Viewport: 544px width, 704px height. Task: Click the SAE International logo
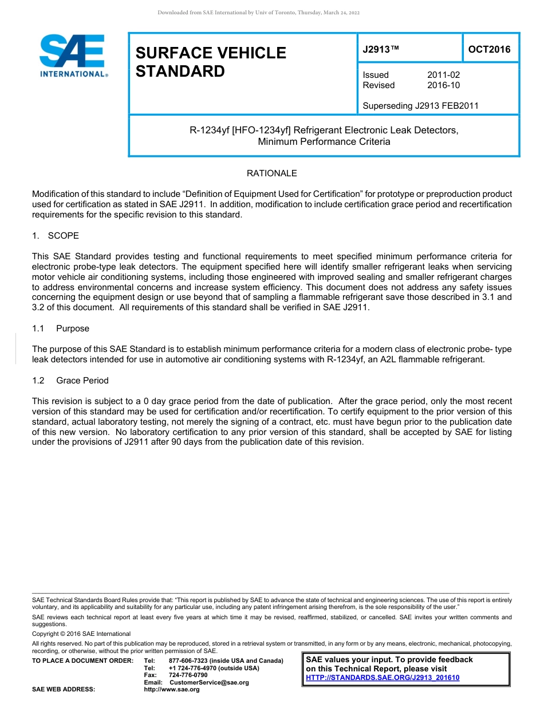point(72,56)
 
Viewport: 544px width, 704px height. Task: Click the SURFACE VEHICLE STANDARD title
point(210,62)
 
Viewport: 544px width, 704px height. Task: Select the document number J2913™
point(380,50)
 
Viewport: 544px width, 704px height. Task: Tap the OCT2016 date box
point(490,49)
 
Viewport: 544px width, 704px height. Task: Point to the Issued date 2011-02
point(443,75)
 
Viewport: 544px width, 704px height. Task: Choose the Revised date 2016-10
point(443,85)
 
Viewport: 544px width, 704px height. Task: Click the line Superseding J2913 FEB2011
point(420,105)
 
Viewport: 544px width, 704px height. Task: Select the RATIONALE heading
point(271,173)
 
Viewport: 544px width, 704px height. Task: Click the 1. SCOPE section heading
point(56,236)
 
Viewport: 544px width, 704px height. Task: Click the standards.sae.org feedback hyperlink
point(383,678)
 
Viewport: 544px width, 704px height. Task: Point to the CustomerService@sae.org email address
point(209,682)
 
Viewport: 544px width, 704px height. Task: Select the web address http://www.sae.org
point(171,690)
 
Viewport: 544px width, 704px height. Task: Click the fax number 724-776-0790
point(188,675)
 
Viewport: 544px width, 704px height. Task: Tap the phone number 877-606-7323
point(188,661)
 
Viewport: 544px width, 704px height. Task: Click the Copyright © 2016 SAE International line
point(81,634)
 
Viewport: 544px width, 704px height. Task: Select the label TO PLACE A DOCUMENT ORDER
point(82,661)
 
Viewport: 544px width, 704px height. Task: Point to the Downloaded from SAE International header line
point(258,13)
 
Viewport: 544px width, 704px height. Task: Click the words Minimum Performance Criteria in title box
point(324,141)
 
